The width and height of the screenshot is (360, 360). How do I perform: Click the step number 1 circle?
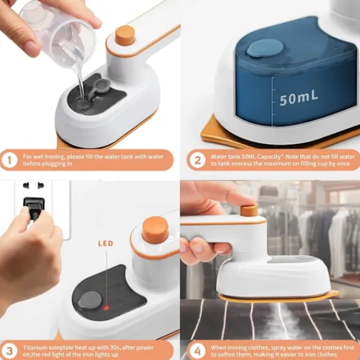point(9,160)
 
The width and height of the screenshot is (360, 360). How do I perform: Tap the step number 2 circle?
point(197,160)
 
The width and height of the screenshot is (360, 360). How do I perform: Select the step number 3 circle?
point(9,351)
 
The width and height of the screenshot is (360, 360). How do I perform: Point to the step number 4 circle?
point(197,351)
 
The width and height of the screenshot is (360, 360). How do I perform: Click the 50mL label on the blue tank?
point(299,98)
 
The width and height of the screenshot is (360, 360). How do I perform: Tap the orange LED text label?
point(106,244)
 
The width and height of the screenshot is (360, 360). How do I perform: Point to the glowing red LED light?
point(106,308)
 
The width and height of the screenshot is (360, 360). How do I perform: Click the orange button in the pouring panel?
point(125,35)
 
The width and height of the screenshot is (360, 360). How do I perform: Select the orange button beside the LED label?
point(155,230)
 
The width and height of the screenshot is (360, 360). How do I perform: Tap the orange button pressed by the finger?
point(249,211)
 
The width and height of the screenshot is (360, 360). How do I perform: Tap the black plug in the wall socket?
point(34,208)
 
